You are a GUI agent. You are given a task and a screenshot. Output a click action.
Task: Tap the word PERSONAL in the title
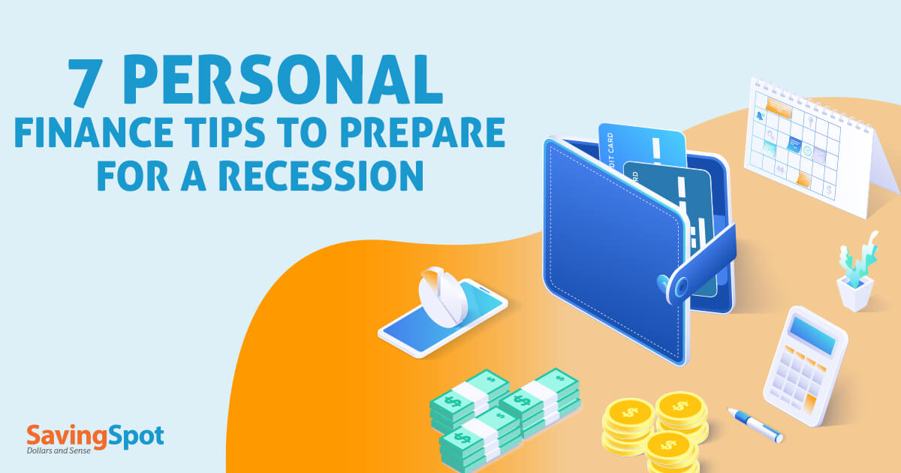[x=282, y=80]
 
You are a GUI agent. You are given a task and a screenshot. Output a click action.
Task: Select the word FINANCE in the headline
[x=93, y=132]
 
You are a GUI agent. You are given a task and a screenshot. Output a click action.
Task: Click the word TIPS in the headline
[x=225, y=132]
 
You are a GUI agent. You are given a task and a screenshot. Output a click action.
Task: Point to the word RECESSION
[x=321, y=176]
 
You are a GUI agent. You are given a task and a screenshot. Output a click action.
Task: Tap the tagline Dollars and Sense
[x=59, y=451]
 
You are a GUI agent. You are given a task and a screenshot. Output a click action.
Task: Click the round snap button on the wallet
[x=681, y=287]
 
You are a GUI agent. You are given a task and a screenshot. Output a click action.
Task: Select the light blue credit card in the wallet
[x=642, y=148]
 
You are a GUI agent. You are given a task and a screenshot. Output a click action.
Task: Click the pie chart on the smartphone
[x=442, y=297]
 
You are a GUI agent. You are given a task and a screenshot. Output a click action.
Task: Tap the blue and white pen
[x=755, y=425]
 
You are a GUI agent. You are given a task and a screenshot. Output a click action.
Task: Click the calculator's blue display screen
[x=812, y=336]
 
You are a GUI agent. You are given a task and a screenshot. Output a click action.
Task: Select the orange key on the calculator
[x=809, y=403]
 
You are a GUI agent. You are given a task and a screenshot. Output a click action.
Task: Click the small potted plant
[x=857, y=273]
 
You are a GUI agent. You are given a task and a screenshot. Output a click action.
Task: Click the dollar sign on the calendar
[x=828, y=189]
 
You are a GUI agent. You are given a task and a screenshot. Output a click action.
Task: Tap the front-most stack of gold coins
[x=670, y=453]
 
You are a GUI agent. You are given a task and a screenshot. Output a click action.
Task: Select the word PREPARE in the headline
[x=422, y=132]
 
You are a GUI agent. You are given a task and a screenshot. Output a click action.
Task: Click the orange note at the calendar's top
[x=779, y=107]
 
